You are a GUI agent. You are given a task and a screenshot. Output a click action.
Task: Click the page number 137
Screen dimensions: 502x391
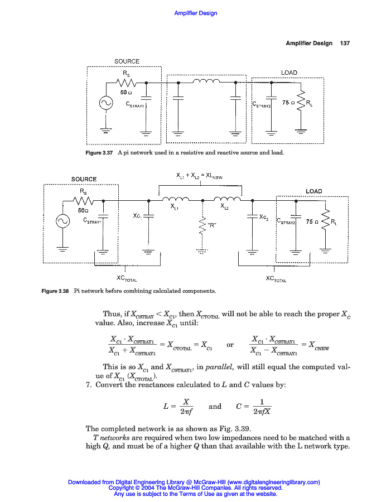click(344, 44)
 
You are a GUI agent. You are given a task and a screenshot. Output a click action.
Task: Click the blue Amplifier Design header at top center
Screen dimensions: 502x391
click(196, 13)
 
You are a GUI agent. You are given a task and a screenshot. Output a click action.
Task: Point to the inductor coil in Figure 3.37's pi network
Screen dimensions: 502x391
click(207, 82)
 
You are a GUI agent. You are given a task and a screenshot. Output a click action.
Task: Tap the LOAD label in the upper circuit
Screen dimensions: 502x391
click(289, 73)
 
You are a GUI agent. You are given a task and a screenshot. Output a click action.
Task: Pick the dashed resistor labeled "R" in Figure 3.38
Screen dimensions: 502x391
click(202, 225)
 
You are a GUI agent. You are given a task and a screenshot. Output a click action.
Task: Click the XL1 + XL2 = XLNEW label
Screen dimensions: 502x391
click(199, 176)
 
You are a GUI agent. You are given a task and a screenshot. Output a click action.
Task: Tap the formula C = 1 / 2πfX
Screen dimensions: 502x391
click(254, 407)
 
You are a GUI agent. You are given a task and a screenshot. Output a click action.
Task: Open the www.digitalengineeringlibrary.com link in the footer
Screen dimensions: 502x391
click(273, 482)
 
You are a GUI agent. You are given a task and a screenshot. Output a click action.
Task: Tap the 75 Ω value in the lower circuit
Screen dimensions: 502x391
click(312, 221)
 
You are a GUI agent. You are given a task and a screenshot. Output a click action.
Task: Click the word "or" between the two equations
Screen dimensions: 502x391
click(230, 345)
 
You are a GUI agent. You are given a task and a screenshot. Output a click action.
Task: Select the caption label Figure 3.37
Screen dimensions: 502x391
click(100, 153)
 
